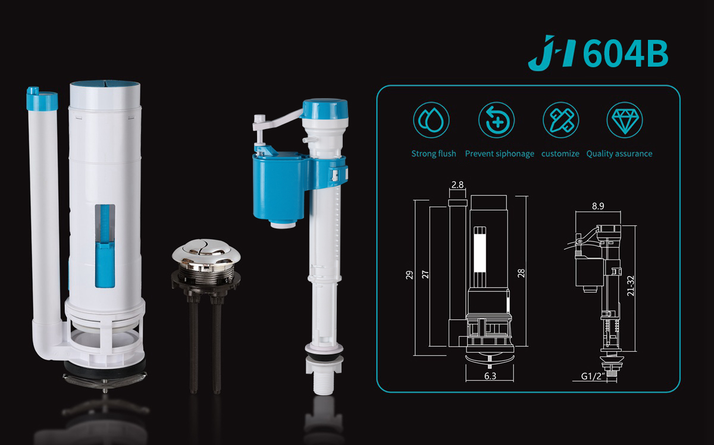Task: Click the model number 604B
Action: (626, 54)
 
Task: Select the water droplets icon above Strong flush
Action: (431, 120)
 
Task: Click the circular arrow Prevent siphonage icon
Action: (497, 120)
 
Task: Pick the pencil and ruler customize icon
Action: (560, 120)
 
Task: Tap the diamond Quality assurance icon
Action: (625, 120)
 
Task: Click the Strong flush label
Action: (434, 153)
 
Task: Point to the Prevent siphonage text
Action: (499, 153)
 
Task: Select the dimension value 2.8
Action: (458, 185)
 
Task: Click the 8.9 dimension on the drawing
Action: (598, 206)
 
